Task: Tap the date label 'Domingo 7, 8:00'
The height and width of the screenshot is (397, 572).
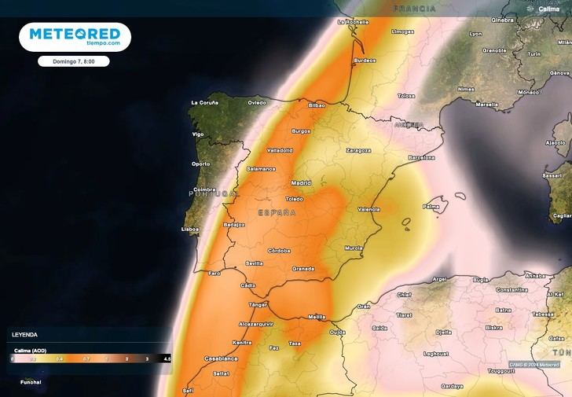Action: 73,61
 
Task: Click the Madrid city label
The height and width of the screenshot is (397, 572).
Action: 301,183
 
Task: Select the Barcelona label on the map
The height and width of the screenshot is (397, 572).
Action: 421,157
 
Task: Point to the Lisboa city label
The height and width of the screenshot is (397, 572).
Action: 190,230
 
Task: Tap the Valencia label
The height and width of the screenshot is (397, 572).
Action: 368,209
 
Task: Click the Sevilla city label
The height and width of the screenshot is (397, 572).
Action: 254,263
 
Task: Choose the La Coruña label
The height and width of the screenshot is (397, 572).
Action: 206,103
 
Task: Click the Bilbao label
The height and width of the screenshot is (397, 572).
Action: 317,105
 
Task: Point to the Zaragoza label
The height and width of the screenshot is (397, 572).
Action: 357,149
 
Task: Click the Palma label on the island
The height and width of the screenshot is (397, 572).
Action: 431,208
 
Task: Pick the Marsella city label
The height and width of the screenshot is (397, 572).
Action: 486,105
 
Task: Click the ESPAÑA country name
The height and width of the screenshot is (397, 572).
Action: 277,213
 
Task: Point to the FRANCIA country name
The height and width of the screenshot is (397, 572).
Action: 415,9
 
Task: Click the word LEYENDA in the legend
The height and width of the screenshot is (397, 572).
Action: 24,334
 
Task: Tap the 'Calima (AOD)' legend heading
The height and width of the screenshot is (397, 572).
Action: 27,350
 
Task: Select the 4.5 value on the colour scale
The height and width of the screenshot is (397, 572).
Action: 167,358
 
